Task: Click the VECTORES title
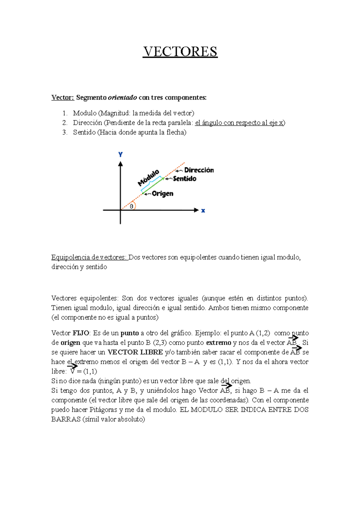(x=180, y=52)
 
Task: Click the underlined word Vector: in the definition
(x=62, y=97)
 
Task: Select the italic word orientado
(x=122, y=97)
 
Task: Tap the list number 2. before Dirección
(x=65, y=123)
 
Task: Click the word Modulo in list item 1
(x=85, y=113)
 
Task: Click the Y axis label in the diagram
(x=120, y=155)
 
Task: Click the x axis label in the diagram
(x=203, y=211)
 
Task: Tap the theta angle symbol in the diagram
(x=131, y=207)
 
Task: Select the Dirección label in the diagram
(x=199, y=170)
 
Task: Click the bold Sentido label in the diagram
(x=184, y=179)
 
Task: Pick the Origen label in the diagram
(x=162, y=194)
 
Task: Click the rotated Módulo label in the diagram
(x=148, y=177)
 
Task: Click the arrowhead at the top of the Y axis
(x=120, y=164)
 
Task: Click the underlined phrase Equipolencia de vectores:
(x=89, y=257)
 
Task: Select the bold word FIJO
(x=81, y=333)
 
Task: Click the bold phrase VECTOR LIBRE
(x=135, y=352)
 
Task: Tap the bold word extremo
(x=218, y=343)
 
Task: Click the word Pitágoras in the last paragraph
(x=103, y=410)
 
